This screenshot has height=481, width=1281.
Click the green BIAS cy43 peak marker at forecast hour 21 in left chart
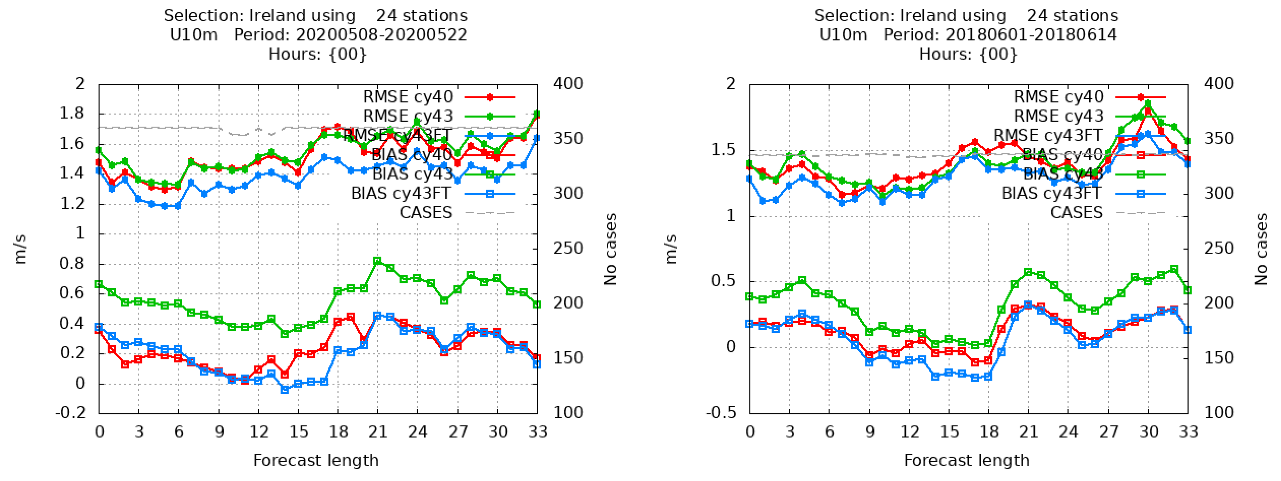tap(378, 261)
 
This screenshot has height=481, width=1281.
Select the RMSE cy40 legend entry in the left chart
tap(408, 97)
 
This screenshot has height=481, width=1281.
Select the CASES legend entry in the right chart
tap(1076, 213)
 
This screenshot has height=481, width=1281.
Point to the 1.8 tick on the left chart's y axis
tap(72, 114)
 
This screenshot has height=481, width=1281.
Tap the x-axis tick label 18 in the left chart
tap(338, 432)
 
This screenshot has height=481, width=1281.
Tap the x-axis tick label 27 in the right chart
tap(1108, 432)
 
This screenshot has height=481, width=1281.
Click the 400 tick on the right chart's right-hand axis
tap(1218, 84)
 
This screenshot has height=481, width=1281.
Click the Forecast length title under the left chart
tap(316, 461)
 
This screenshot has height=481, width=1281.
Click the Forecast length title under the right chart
tap(966, 461)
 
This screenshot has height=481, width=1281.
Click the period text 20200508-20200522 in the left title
tap(381, 35)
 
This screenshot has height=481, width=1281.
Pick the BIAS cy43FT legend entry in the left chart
tap(401, 193)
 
